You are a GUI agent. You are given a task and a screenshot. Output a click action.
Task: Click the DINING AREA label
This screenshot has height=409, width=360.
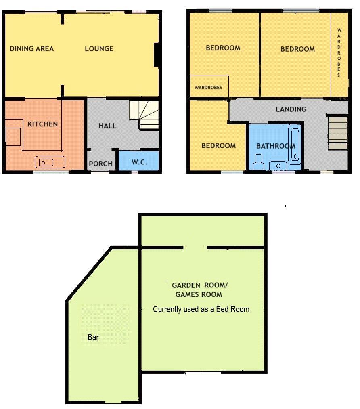pyautogui.click(x=32, y=49)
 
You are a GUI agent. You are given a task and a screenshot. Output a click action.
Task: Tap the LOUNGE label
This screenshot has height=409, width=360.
pyautogui.click(x=99, y=49)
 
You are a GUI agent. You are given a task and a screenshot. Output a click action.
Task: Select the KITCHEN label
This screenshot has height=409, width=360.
pyautogui.click(x=43, y=124)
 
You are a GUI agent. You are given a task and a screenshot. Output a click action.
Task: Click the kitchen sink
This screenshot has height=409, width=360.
pyautogui.click(x=50, y=162)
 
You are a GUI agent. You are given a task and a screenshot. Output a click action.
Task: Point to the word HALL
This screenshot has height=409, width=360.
pyautogui.click(x=107, y=126)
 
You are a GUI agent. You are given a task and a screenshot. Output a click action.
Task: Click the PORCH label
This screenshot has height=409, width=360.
pyautogui.click(x=101, y=164)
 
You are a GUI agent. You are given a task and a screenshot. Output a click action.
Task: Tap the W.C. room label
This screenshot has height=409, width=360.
pyautogui.click(x=140, y=162)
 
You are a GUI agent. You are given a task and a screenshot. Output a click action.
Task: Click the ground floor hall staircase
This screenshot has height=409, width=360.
pyautogui.click(x=144, y=115)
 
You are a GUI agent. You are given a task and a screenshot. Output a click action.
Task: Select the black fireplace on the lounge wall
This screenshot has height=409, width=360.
pyautogui.click(x=157, y=55)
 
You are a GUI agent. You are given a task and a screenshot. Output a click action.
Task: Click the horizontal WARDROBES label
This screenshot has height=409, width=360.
pyautogui.click(x=208, y=87)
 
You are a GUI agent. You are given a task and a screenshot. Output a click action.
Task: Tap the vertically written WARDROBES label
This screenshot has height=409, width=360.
pyautogui.click(x=339, y=53)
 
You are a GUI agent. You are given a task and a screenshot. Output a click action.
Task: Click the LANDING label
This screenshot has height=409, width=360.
pyautogui.click(x=291, y=109)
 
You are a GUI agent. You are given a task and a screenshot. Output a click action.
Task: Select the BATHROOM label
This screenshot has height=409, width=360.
pyautogui.click(x=276, y=146)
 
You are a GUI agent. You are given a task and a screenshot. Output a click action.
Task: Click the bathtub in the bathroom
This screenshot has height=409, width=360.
pyautogui.click(x=295, y=144)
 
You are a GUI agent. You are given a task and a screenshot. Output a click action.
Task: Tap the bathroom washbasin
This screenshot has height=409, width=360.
pyautogui.click(x=278, y=166)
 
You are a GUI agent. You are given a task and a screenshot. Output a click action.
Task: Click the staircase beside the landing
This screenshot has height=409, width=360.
pyautogui.click(x=338, y=133)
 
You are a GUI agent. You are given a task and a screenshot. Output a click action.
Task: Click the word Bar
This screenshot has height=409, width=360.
pyautogui.click(x=93, y=337)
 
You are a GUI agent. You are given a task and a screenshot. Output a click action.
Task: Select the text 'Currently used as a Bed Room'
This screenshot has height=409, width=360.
pyautogui.click(x=201, y=309)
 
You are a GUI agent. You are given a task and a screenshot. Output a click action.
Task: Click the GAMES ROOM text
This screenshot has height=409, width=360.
pyautogui.click(x=199, y=294)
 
